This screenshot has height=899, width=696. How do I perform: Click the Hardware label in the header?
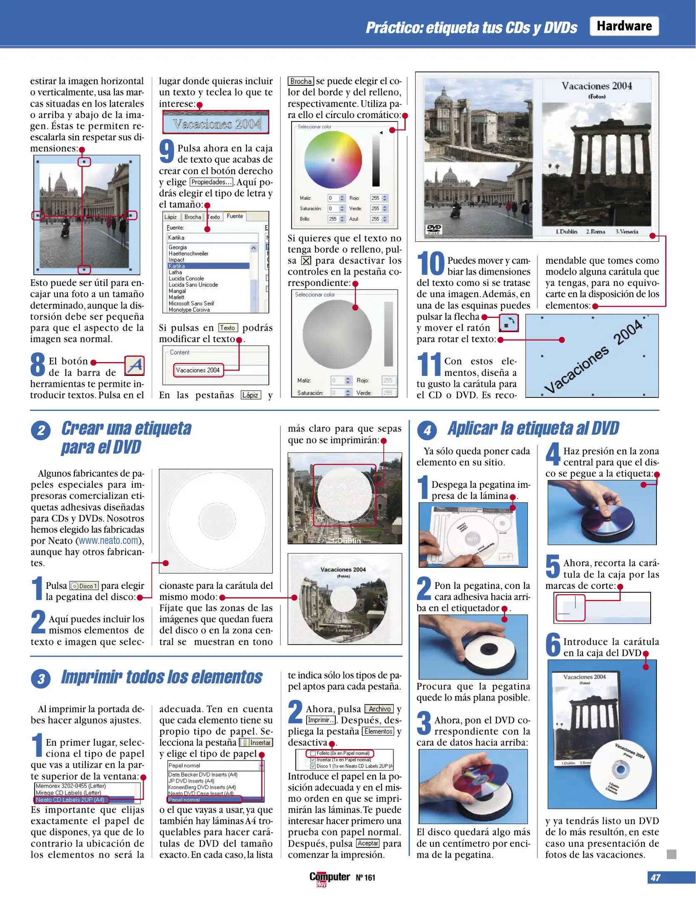click(624, 26)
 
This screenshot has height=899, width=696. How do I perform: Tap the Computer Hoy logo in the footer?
click(329, 878)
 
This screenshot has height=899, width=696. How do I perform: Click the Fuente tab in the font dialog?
click(235, 216)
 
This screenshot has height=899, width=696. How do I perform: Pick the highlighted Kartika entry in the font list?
click(208, 266)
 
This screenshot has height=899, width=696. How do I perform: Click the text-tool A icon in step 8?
click(134, 366)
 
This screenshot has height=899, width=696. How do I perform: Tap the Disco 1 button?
click(84, 586)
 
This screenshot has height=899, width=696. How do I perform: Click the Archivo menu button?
click(379, 709)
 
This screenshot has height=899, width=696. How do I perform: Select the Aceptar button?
click(368, 843)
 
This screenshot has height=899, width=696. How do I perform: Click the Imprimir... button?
click(321, 720)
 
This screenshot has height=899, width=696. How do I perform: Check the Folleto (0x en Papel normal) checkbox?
click(313, 753)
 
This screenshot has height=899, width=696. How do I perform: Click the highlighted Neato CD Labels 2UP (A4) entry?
click(71, 800)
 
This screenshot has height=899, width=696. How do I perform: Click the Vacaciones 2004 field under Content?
click(198, 370)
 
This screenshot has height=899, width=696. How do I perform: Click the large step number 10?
click(431, 264)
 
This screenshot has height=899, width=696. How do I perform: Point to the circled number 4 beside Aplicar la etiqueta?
click(427, 430)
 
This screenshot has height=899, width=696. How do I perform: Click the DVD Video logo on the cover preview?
click(434, 228)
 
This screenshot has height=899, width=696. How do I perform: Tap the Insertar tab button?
click(256, 743)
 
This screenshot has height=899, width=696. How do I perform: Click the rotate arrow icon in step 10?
click(508, 323)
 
